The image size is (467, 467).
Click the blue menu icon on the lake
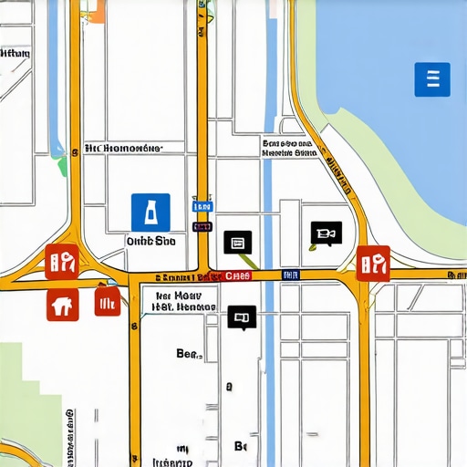click(432, 79)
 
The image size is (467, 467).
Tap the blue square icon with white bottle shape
click(150, 212)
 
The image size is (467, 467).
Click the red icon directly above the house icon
click(60, 261)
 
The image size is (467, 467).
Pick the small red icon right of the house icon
click(107, 303)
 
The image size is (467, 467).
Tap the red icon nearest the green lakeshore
click(373, 263)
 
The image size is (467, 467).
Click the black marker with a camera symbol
click(326, 233)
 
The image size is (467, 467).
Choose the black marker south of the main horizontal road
click(242, 317)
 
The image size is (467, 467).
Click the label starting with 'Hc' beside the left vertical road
click(122, 147)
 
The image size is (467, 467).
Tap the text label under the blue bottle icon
click(150, 241)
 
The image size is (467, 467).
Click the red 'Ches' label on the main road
click(238, 275)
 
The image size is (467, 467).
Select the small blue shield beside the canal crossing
click(288, 275)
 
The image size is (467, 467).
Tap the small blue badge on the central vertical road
click(202, 208)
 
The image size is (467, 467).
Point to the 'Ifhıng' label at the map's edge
click(16, 53)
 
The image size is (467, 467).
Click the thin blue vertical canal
click(267, 365)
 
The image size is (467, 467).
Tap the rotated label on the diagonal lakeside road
click(340, 174)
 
